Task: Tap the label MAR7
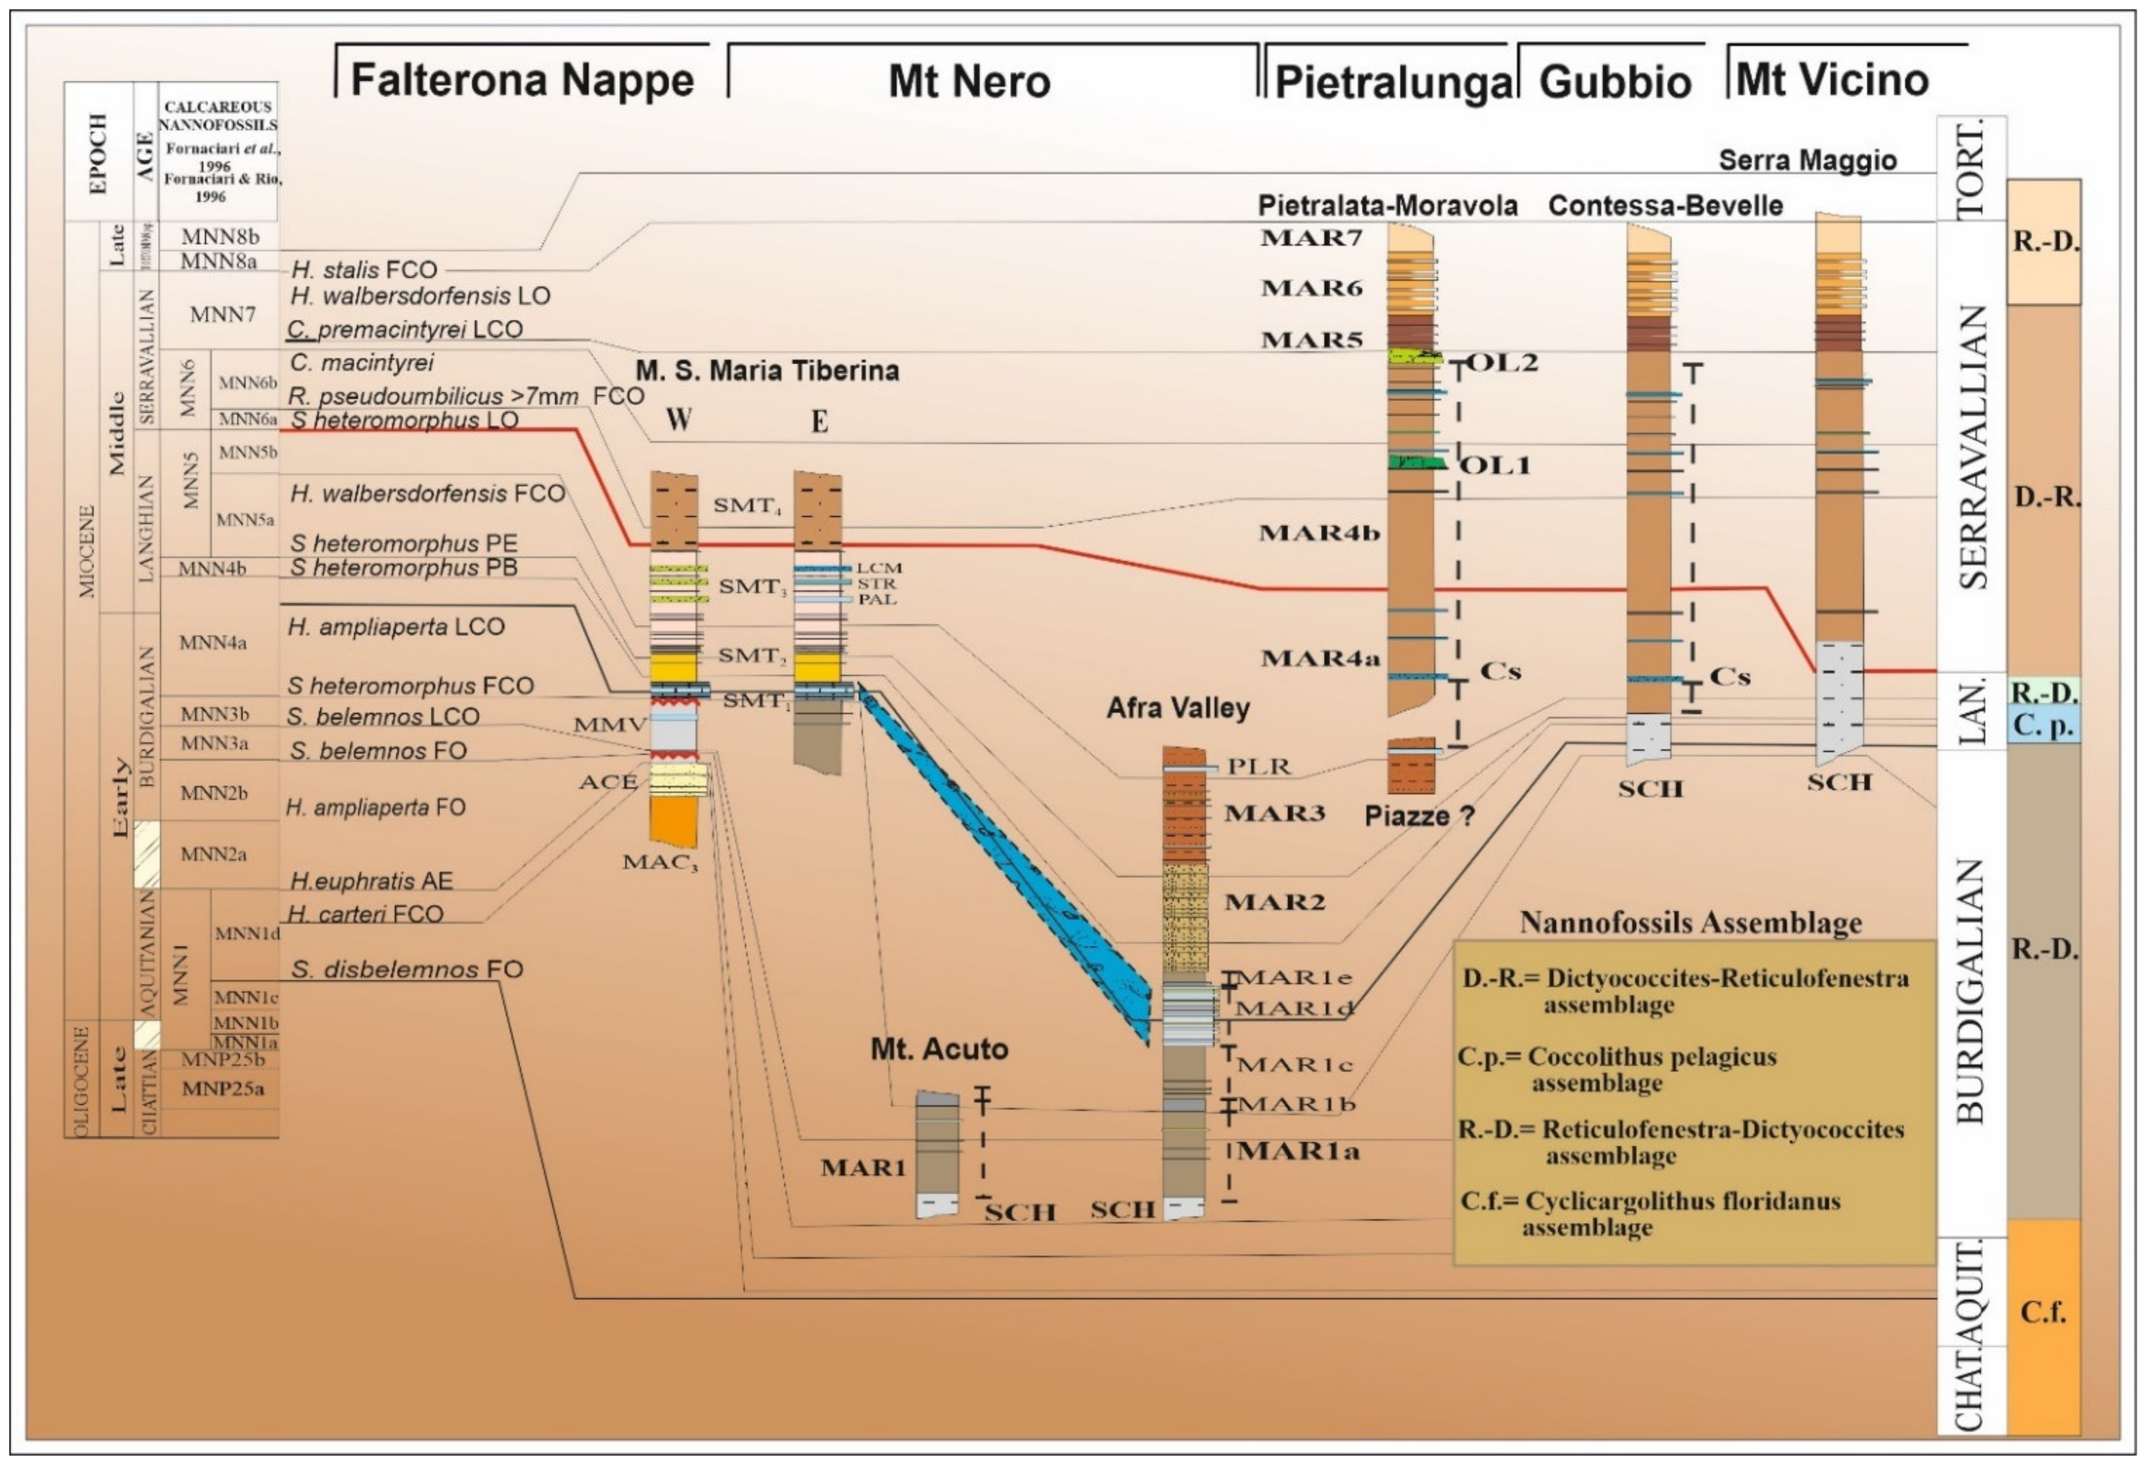click(1311, 238)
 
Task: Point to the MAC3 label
click(660, 863)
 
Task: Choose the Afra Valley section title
click(1178, 708)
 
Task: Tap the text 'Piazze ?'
click(1419, 816)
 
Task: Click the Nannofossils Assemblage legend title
click(1690, 923)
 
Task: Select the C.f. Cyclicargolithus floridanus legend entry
click(1650, 1214)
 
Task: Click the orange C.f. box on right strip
click(2043, 1312)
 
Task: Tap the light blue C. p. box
click(2043, 725)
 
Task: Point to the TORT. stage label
click(1970, 169)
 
